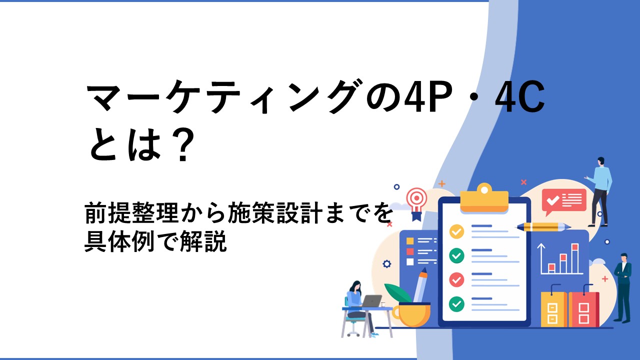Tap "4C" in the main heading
520,97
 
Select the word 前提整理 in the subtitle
132,212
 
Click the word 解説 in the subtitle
203,241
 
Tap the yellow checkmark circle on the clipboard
456,231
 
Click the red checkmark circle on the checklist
456,279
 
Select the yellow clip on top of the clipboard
484,198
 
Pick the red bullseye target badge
417,204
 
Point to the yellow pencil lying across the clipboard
543,227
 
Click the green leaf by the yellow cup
398,293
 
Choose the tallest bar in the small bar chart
575,258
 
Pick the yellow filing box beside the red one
554,309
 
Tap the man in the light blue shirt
599,191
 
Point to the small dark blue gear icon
387,263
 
